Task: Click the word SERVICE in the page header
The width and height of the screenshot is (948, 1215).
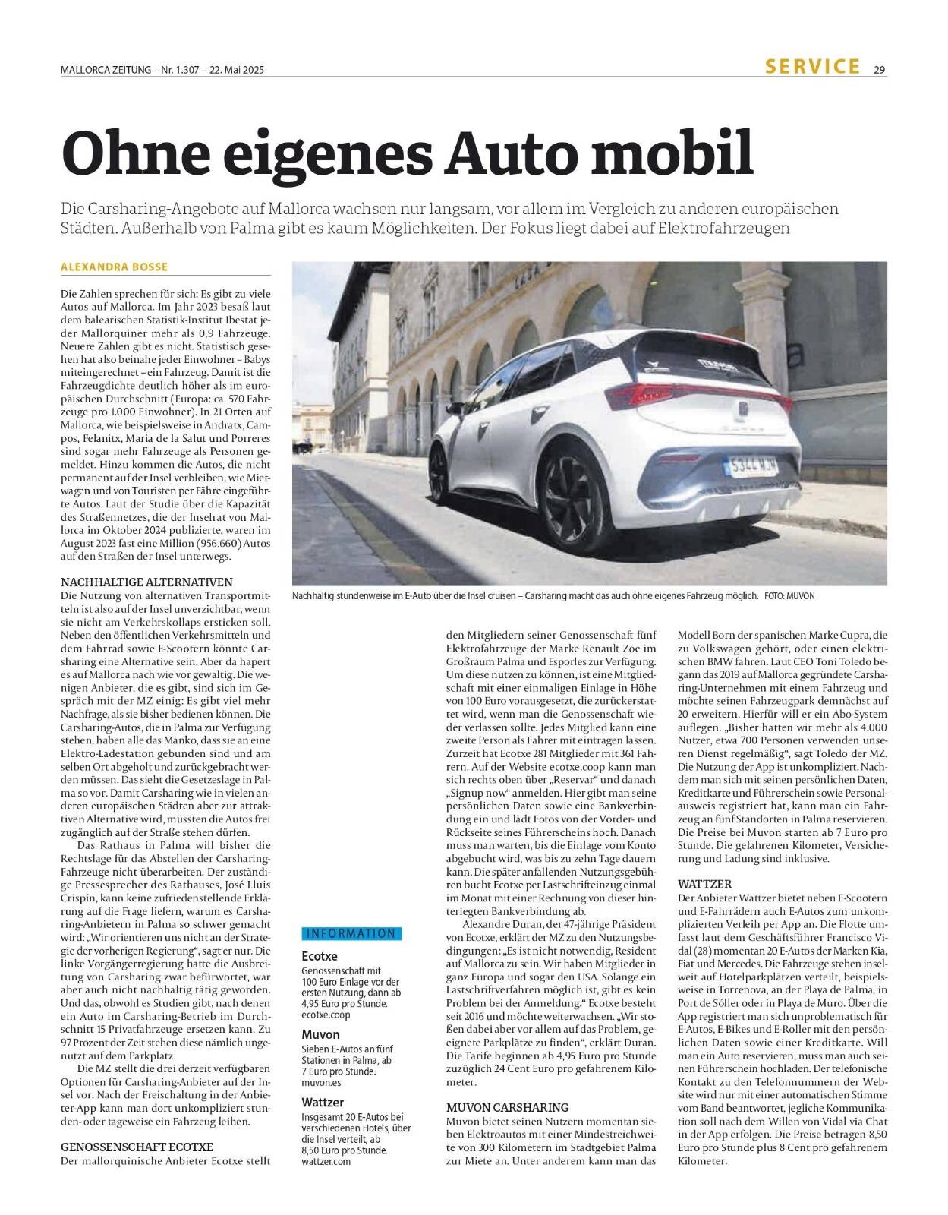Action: pyautogui.click(x=812, y=66)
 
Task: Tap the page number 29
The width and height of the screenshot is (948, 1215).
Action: pyautogui.click(x=880, y=69)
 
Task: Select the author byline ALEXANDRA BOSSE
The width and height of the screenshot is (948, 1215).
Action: pyautogui.click(x=115, y=267)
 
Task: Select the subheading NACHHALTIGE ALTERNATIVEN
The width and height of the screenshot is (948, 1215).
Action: pyautogui.click(x=136, y=581)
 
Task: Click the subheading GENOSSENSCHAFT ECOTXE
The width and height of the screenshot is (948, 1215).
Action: pyautogui.click(x=137, y=1146)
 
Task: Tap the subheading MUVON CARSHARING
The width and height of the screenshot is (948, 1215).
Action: pyautogui.click(x=507, y=1107)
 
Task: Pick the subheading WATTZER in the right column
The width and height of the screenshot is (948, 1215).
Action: pyautogui.click(x=704, y=884)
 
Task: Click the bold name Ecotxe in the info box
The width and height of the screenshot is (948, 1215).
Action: pyautogui.click(x=320, y=956)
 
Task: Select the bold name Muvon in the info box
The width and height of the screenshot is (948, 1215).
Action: pyautogui.click(x=320, y=1034)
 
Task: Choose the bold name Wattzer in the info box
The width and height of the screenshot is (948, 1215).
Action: pyautogui.click(x=323, y=1101)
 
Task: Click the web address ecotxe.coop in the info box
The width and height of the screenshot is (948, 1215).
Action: pyautogui.click(x=326, y=1014)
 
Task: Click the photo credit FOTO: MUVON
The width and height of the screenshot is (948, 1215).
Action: pyautogui.click(x=789, y=596)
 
